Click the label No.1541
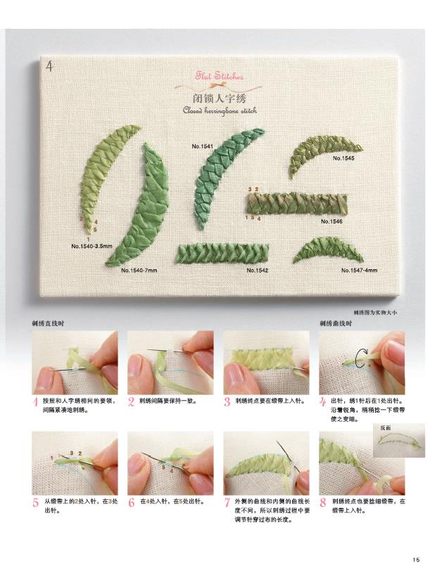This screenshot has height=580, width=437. pos(202,146)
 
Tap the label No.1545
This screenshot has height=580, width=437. pos(343,158)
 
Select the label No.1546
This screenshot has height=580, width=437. pos(331,221)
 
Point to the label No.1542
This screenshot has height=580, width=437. pos(258,271)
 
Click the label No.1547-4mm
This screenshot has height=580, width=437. pos(359,271)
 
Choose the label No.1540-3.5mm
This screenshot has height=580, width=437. pos(91,246)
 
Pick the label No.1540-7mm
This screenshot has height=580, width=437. pos(139,271)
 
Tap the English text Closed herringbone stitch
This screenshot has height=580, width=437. pos(220,110)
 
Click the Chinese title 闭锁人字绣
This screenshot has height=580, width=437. pos(220,98)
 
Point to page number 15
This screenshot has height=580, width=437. pos(416,560)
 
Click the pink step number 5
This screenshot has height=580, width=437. pos(36,503)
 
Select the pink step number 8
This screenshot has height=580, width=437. pos(323,503)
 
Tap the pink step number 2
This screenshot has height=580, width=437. pos(131,401)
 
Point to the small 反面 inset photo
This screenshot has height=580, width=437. pos(399,440)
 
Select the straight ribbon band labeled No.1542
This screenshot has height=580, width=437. pos(222,253)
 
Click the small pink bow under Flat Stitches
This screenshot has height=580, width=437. pos(213,86)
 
